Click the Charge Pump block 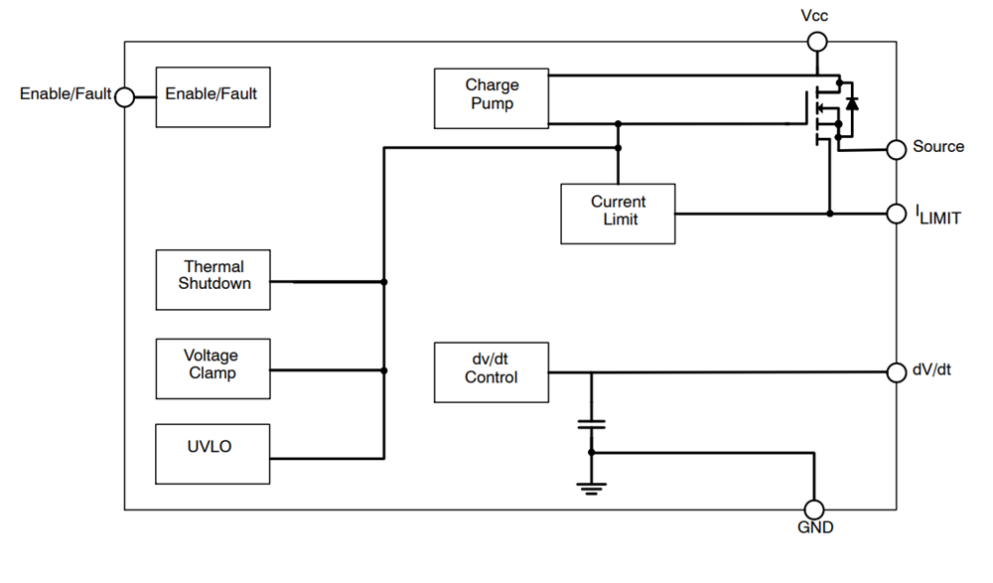coord(492,98)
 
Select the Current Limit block coord(618,214)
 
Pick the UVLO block coord(213,454)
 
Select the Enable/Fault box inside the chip coord(213,96)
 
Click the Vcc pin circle coord(816,41)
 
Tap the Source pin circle coord(896,149)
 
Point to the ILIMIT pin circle coord(896,213)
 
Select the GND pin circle coord(814,510)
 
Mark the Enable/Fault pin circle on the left coord(124,96)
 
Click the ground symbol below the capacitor coord(592,487)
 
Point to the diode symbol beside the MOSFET coord(852,102)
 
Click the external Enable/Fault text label coord(66,94)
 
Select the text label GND coord(815,527)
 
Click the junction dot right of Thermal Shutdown coord(384,282)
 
